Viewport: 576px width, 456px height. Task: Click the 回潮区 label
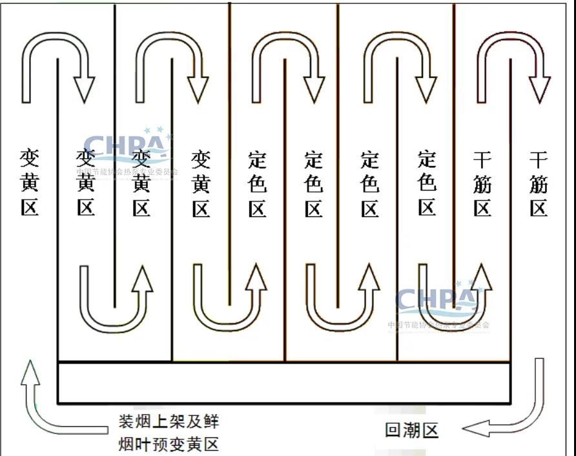[411, 430]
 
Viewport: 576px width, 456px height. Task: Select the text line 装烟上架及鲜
[169, 422]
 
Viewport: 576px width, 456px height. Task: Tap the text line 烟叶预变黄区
[169, 444]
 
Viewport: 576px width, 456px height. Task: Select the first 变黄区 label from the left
[30, 183]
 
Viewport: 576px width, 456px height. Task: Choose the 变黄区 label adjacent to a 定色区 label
[201, 183]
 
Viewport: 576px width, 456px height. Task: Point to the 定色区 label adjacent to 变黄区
[257, 183]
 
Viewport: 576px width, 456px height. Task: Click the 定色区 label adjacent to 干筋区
[426, 183]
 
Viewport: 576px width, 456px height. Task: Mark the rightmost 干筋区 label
[539, 183]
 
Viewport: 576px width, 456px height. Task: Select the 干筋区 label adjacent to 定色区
[482, 183]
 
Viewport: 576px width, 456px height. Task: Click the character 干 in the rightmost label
[539, 159]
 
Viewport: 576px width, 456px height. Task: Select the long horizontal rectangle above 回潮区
[284, 383]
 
